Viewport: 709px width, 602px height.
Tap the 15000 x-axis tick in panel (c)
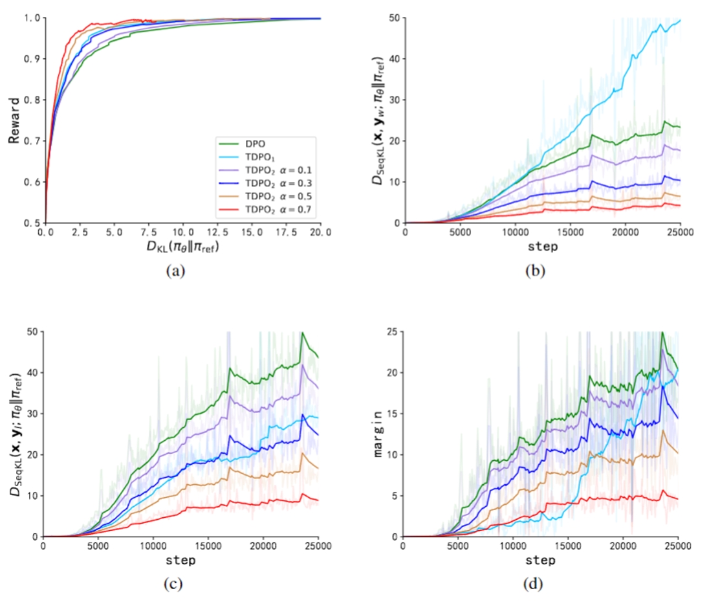tap(208, 546)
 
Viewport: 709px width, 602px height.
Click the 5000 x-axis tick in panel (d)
tap(458, 546)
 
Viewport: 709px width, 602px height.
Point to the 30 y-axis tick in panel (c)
tap(31, 413)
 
